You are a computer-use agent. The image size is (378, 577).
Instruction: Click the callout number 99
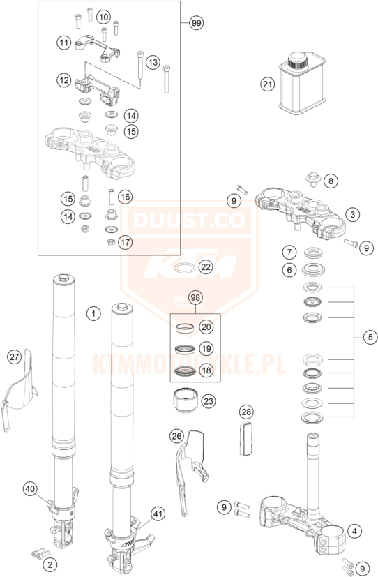click(197, 23)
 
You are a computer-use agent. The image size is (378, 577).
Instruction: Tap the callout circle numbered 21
click(268, 84)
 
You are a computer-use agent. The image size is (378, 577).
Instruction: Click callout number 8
click(331, 181)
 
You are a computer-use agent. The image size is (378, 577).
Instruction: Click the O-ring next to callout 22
click(184, 268)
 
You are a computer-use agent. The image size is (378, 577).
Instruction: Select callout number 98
click(195, 297)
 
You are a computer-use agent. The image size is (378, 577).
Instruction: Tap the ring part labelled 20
click(184, 328)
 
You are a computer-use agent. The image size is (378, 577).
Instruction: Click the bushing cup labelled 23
click(186, 401)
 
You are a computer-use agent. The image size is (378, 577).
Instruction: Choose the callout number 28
click(246, 412)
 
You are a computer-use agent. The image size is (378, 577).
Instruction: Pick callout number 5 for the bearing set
click(370, 337)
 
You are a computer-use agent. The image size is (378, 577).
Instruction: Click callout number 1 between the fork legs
click(93, 313)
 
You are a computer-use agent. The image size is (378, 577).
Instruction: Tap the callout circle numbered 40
click(30, 489)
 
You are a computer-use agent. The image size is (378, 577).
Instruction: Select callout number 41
click(158, 514)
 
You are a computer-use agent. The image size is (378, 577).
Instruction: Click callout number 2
click(50, 564)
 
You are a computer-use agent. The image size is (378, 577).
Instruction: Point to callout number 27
click(14, 357)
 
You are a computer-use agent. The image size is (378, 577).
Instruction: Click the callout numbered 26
click(177, 436)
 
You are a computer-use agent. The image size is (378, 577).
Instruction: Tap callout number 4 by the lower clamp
click(354, 531)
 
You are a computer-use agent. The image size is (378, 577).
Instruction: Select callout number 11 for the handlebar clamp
click(64, 43)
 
